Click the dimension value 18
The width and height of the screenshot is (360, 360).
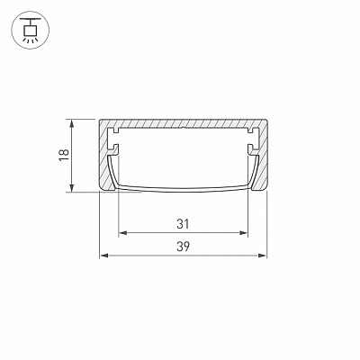(64, 155)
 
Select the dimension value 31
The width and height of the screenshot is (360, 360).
(183, 224)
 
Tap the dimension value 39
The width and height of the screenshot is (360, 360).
(183, 247)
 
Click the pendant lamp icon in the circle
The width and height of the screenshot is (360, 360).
(30, 30)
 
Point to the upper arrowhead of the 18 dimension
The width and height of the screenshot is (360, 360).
(71, 122)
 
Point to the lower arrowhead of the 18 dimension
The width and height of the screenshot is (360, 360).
(71, 188)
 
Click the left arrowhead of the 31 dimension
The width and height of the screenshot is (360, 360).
(122, 233)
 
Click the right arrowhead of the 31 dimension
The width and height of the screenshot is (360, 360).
(244, 233)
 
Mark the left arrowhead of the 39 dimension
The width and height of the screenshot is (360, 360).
(103, 256)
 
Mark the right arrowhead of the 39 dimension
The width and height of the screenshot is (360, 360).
(263, 256)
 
